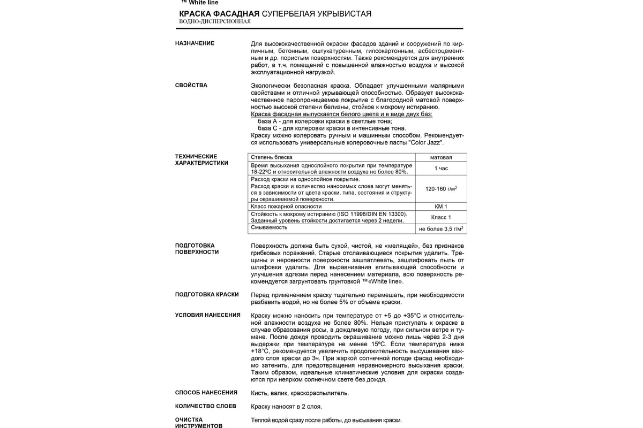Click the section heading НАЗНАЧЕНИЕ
click(x=195, y=43)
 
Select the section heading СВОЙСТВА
click(x=191, y=86)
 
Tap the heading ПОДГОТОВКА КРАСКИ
click(x=207, y=295)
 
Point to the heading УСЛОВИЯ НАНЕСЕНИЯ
click(x=208, y=315)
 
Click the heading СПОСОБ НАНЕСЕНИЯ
click(x=206, y=392)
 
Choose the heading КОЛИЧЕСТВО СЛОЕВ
click(x=206, y=406)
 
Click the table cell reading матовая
click(x=441, y=157)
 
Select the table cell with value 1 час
click(x=441, y=169)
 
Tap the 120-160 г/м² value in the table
click(x=441, y=189)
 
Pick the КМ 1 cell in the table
click(x=441, y=207)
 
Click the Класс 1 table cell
click(x=441, y=217)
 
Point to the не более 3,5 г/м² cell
click(x=441, y=229)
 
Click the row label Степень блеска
click(x=272, y=157)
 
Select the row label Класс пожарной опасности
click(x=286, y=207)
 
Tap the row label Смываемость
click(x=269, y=227)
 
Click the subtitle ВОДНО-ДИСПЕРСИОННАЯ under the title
click(x=215, y=21)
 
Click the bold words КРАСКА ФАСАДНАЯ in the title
click(x=219, y=13)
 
